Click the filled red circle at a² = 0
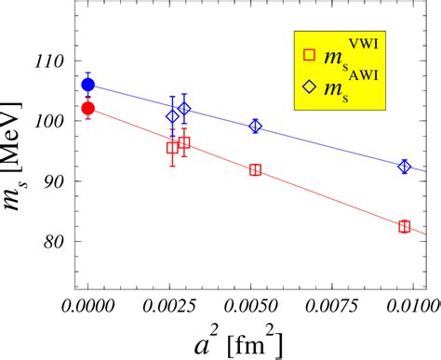coord(87,108)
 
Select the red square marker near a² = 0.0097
coord(405,226)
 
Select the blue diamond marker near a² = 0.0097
coord(405,167)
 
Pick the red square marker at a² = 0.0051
coord(256,169)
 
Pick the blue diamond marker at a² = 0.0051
coord(256,127)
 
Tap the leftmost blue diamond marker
coord(172,116)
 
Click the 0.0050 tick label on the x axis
coord(256,307)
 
